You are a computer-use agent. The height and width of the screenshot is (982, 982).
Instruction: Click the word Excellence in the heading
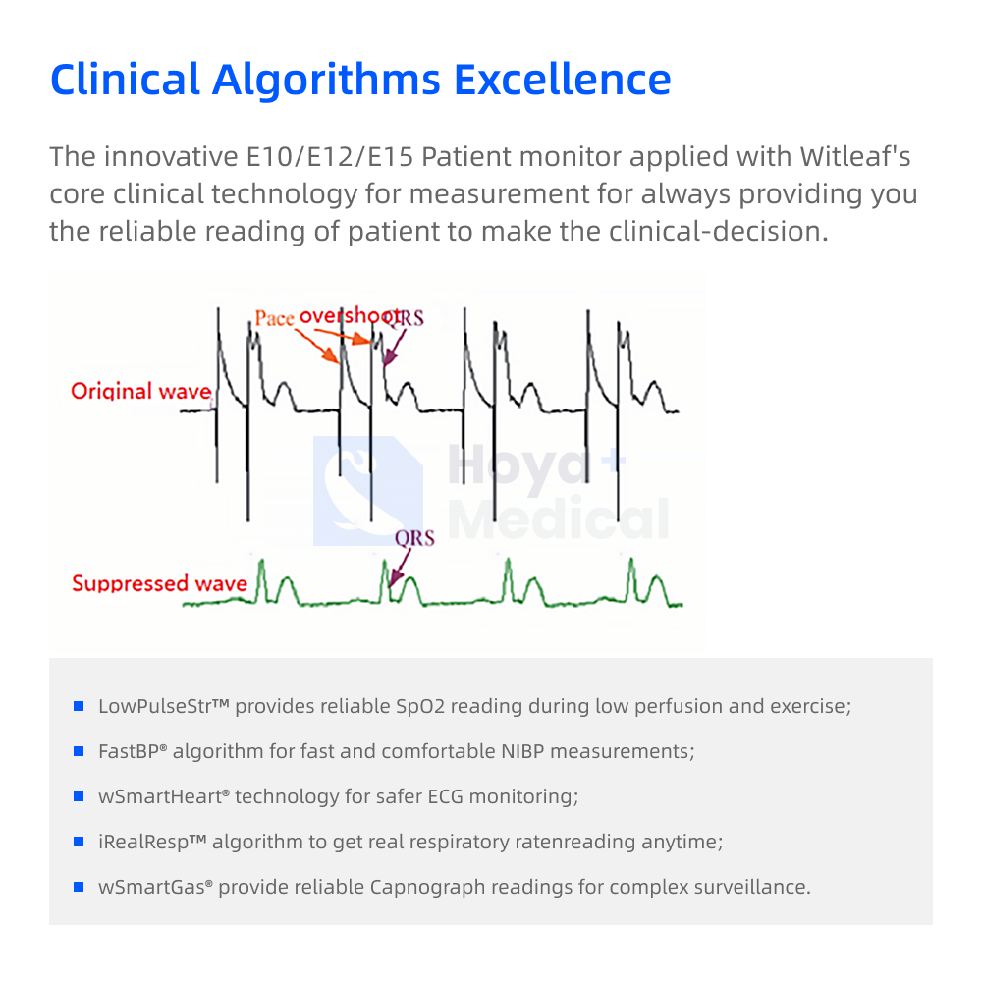562,80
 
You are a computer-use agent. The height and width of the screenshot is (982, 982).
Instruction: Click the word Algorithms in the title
326,81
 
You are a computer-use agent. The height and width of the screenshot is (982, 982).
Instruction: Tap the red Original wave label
140,391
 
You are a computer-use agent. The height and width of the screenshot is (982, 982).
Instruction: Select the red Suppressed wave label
160,583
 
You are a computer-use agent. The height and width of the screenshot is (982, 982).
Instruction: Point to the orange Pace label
274,317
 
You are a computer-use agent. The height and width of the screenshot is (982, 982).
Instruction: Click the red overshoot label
350,315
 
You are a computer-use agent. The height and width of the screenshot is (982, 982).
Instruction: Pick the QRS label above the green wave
414,538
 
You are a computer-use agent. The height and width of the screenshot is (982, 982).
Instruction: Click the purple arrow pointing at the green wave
400,568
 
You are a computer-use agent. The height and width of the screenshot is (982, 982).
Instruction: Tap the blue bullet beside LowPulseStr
79,706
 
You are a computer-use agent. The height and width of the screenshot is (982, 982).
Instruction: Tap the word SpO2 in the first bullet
420,707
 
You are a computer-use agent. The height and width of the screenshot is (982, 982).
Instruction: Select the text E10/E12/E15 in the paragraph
329,157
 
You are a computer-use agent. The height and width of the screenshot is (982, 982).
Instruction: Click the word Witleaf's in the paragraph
855,156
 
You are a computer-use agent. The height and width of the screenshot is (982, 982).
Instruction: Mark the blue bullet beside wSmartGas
79,887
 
